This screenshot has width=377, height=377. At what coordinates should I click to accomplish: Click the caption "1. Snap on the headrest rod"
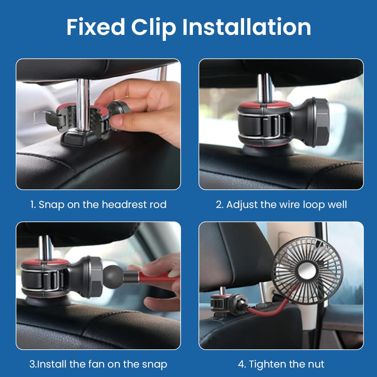click(x=98, y=205)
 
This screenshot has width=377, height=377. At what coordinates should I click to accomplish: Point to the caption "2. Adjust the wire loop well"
click(x=281, y=205)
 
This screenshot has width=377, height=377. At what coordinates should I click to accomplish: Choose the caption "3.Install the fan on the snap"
click(x=98, y=364)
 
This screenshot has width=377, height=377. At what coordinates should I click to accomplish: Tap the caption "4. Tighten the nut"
click(x=281, y=364)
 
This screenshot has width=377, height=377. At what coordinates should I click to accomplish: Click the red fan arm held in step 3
click(x=154, y=278)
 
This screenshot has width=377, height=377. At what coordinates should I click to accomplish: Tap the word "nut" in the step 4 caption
click(x=316, y=364)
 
